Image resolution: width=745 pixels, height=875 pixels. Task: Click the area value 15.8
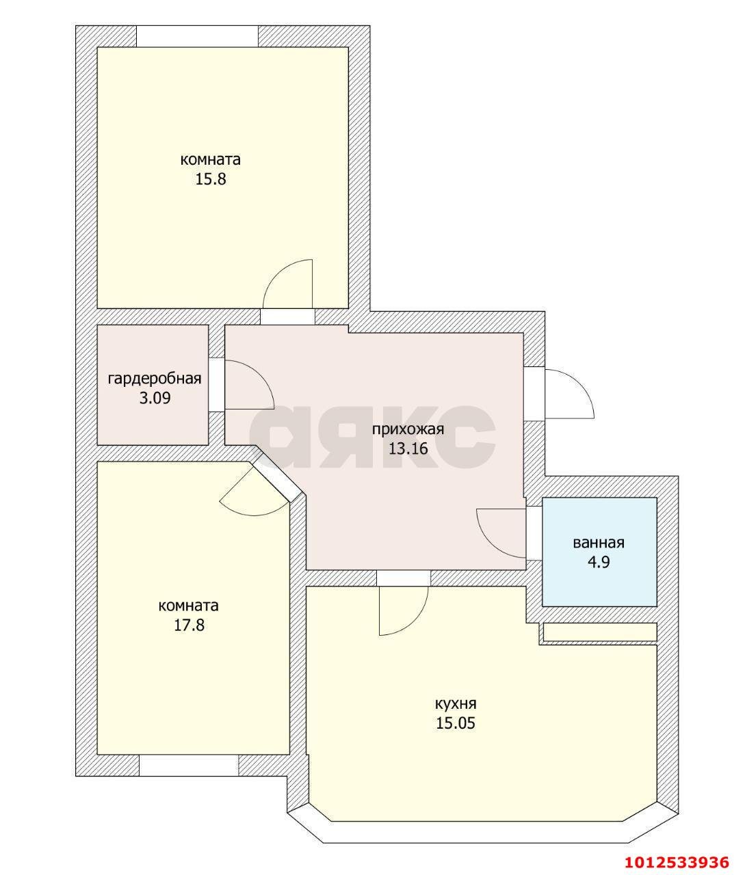(x=211, y=180)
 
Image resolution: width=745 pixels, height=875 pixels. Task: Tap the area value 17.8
(x=189, y=625)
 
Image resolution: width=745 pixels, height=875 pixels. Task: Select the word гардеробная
(x=155, y=379)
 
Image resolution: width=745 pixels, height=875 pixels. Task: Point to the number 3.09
(x=155, y=399)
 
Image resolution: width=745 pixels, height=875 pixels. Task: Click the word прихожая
(x=408, y=430)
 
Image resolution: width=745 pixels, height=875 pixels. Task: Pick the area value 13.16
(x=408, y=448)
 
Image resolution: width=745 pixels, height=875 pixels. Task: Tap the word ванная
(x=599, y=543)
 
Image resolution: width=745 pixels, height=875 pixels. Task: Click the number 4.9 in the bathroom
(x=599, y=563)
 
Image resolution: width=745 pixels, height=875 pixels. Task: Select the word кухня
(x=456, y=704)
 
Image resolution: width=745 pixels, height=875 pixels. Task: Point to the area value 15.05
(x=456, y=723)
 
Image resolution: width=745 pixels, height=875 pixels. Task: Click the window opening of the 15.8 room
(x=197, y=36)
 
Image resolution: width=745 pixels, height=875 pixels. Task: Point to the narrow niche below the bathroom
(x=600, y=632)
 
